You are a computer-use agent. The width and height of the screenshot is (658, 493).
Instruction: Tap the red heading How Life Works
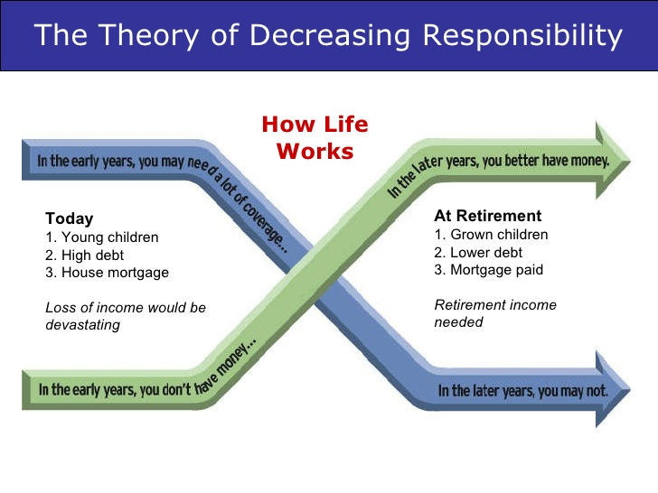315,137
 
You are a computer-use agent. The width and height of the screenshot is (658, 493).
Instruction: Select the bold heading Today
69,219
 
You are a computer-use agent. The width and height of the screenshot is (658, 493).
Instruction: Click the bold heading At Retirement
488,216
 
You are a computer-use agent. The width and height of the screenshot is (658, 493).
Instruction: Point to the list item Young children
101,237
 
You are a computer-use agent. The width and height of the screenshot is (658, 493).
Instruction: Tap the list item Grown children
491,235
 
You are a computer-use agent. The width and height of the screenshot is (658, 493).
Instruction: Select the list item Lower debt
479,252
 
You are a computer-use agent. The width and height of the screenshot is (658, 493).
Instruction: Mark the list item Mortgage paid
489,269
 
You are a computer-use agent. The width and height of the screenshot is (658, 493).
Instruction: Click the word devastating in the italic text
82,325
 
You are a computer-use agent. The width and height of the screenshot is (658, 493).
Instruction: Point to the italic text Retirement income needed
495,313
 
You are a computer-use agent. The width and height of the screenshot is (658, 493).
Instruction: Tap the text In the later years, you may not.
522,393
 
